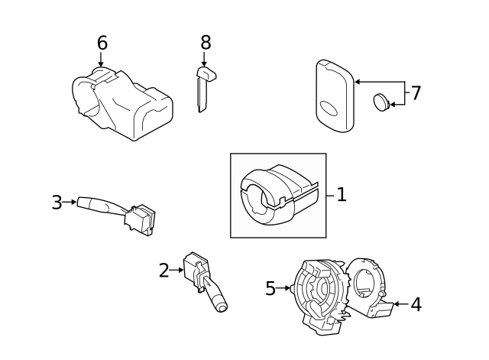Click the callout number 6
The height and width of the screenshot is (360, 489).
click(102, 43)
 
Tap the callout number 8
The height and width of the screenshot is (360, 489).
click(206, 43)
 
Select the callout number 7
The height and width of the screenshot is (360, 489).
click(416, 93)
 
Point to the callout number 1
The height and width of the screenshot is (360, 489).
click(342, 195)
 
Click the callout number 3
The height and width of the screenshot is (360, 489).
click(57, 203)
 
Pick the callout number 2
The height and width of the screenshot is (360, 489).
click(164, 271)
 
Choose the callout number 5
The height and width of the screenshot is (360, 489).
click(270, 288)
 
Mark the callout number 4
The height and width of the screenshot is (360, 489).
click(416, 304)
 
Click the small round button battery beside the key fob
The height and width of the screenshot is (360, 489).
click(381, 102)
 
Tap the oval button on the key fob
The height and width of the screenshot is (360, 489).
click(329, 109)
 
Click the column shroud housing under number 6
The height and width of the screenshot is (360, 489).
click(122, 104)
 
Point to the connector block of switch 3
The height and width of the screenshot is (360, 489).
click(140, 219)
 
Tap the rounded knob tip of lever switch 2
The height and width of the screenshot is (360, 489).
click(221, 307)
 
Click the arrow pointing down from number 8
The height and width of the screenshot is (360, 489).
click(204, 60)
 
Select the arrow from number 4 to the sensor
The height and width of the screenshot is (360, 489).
click(401, 304)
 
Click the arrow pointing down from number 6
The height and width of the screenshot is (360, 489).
click(100, 60)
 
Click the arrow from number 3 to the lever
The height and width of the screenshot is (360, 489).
click(70, 202)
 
